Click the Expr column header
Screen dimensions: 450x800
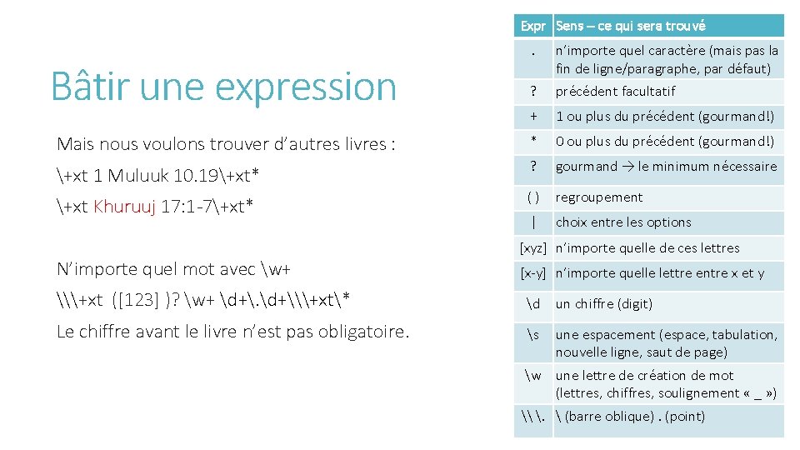532,26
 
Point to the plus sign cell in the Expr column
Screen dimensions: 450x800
532,117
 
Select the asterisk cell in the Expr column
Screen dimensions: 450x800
532,142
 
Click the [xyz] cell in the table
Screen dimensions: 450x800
532,247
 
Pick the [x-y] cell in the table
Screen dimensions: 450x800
532,272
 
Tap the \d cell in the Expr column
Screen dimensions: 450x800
533,303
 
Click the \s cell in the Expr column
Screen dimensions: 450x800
533,334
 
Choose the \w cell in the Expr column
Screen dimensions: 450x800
533,375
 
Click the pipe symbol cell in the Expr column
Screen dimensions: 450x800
532,222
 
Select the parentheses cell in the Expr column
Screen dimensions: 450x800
532,197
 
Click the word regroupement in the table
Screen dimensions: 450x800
599,197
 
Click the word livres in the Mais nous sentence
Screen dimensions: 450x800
357,144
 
